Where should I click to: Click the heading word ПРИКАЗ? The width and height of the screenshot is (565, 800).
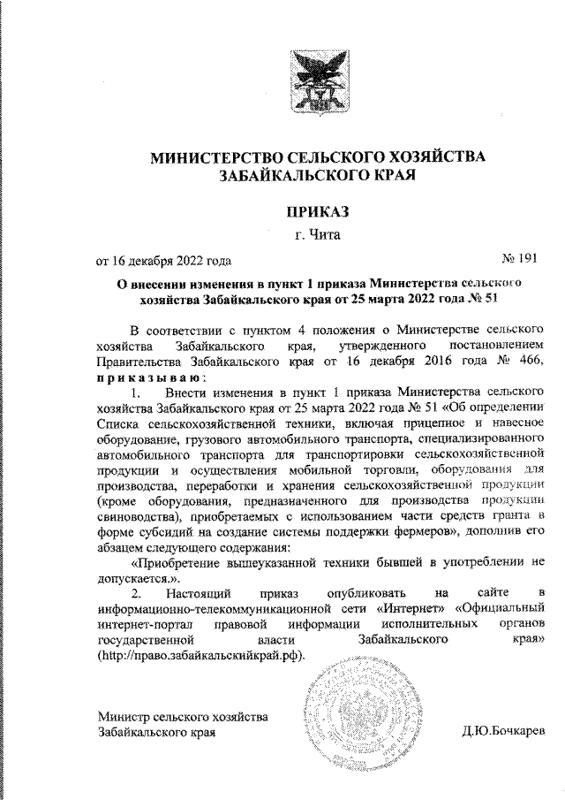tap(318, 211)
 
